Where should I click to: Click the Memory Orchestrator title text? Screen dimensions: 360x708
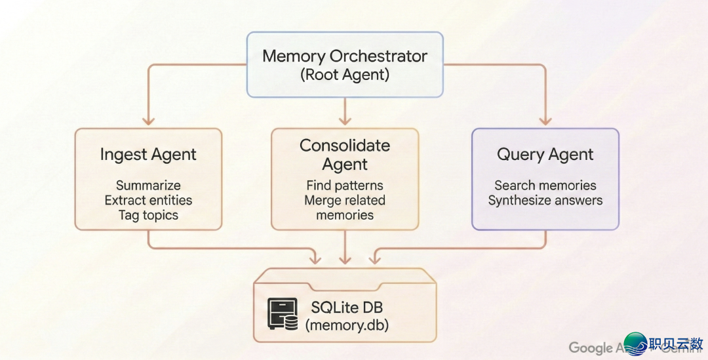click(345, 56)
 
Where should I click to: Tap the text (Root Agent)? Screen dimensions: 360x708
click(345, 75)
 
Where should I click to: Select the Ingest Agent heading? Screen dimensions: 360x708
click(148, 155)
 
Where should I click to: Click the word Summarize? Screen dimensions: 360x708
click(148, 186)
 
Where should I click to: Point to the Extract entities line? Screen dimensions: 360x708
click(148, 200)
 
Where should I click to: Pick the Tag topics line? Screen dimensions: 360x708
click(148, 215)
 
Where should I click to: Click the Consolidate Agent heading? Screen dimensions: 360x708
click(345, 155)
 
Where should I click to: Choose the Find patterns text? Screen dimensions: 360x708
click(345, 186)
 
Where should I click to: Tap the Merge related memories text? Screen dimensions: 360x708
click(345, 207)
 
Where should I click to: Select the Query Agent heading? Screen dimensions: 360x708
click(545, 155)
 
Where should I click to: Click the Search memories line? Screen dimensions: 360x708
click(545, 186)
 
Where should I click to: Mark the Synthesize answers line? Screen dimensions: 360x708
click(545, 201)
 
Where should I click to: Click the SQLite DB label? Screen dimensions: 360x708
click(346, 306)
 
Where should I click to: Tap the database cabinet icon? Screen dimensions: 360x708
click(283, 314)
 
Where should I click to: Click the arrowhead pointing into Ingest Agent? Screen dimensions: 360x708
click(148, 121)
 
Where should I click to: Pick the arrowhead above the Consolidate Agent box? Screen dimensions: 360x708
click(345, 121)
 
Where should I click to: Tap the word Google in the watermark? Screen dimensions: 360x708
click(590, 348)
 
